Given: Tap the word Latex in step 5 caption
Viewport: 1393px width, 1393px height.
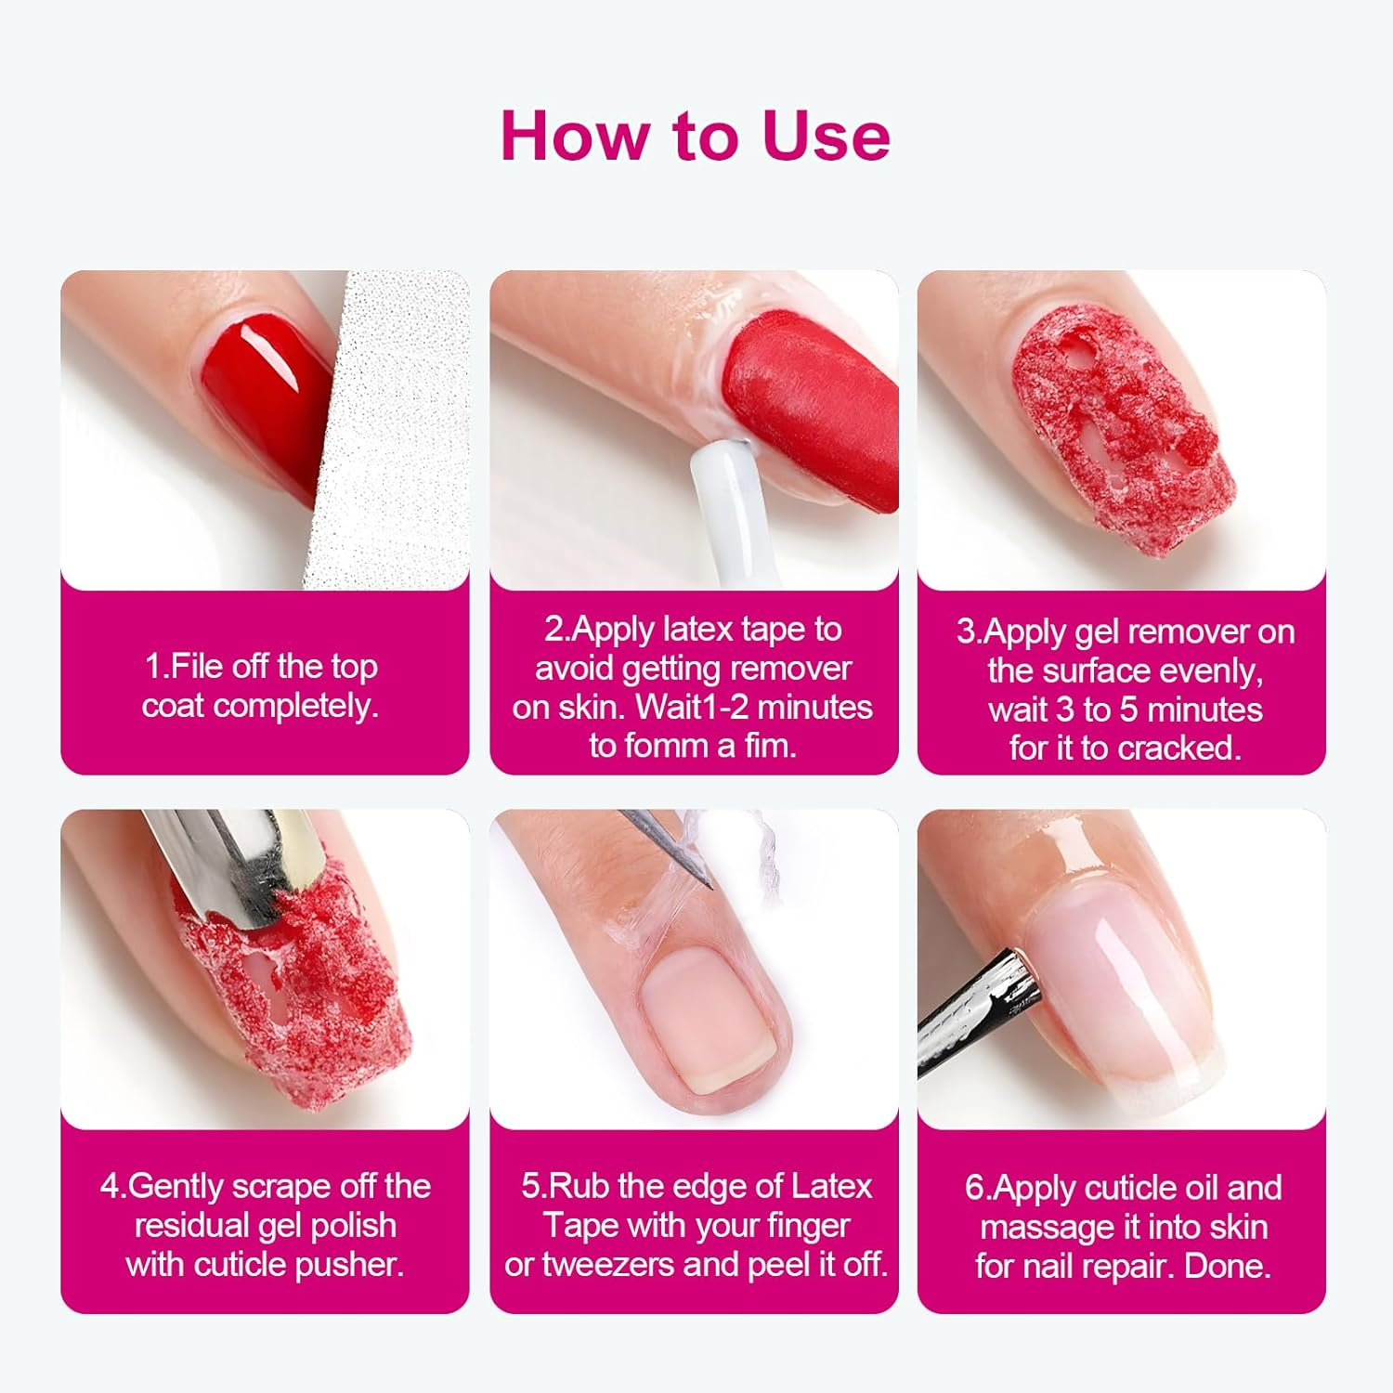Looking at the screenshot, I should pyautogui.click(x=830, y=1187).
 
